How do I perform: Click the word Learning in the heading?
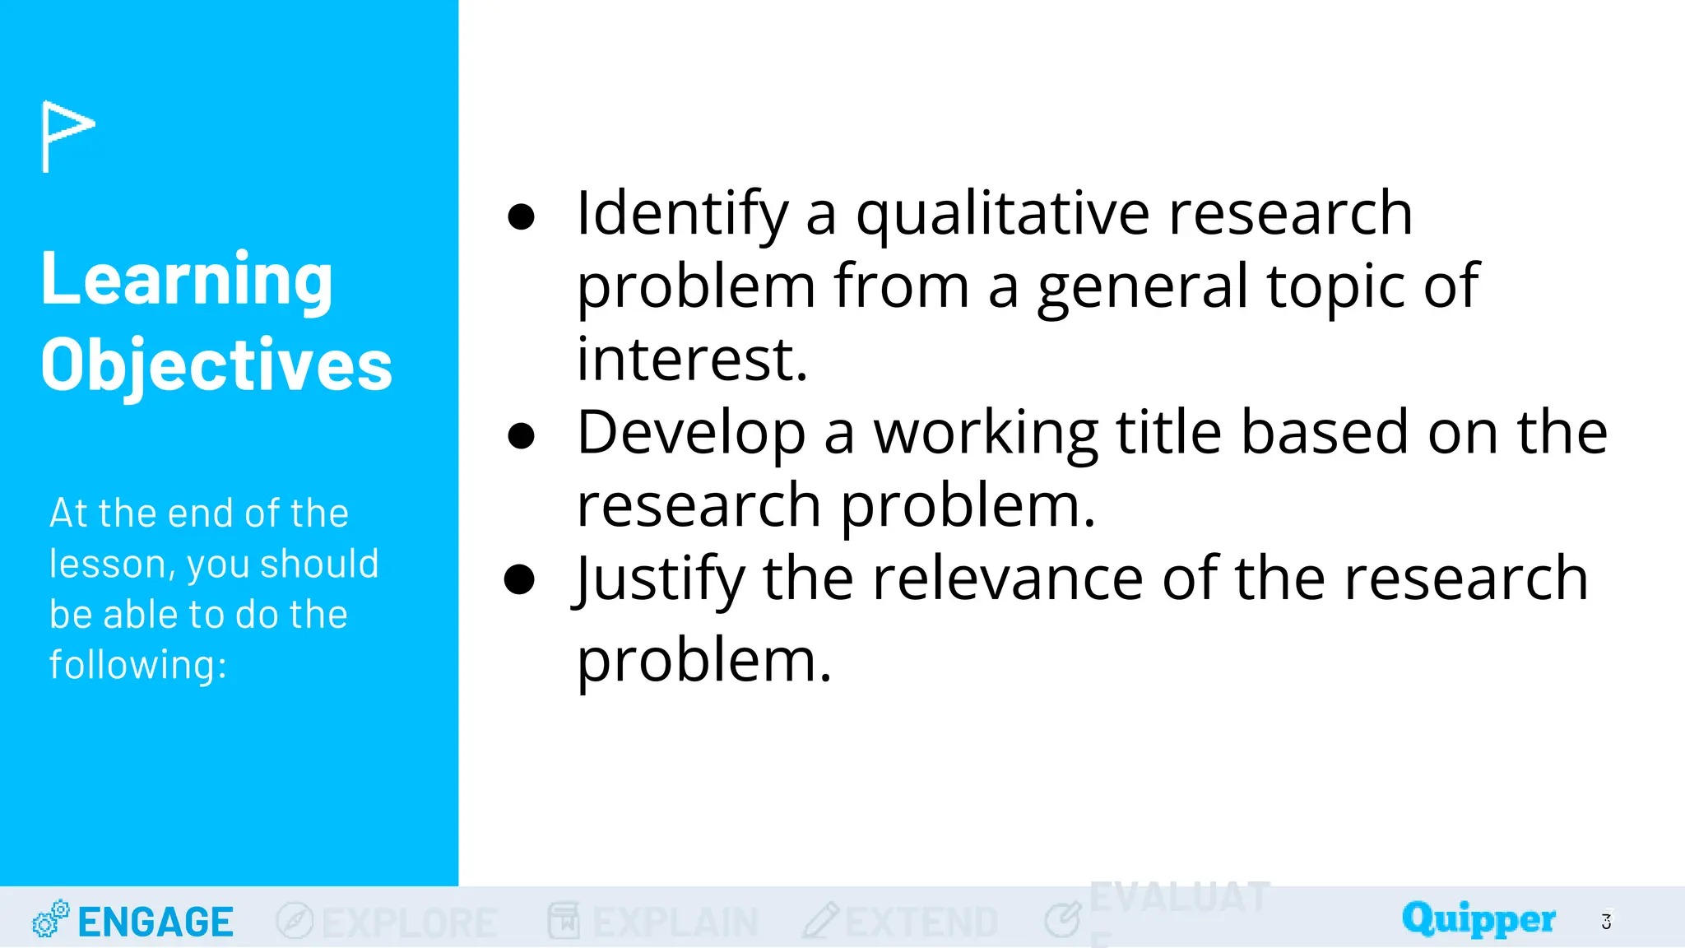[187, 280]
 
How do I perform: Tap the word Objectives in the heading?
[216, 365]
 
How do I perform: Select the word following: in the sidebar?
[137, 665]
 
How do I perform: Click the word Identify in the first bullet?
[682, 214]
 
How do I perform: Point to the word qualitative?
[1002, 214]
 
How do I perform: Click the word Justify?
[659, 579]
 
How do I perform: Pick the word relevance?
[1007, 579]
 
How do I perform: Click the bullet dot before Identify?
[522, 217]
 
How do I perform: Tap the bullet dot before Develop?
[522, 436]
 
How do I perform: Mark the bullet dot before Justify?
[520, 579]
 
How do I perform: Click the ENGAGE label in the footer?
[156, 922]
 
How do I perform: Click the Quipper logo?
[1478, 918]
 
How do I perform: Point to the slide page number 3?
[1606, 922]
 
